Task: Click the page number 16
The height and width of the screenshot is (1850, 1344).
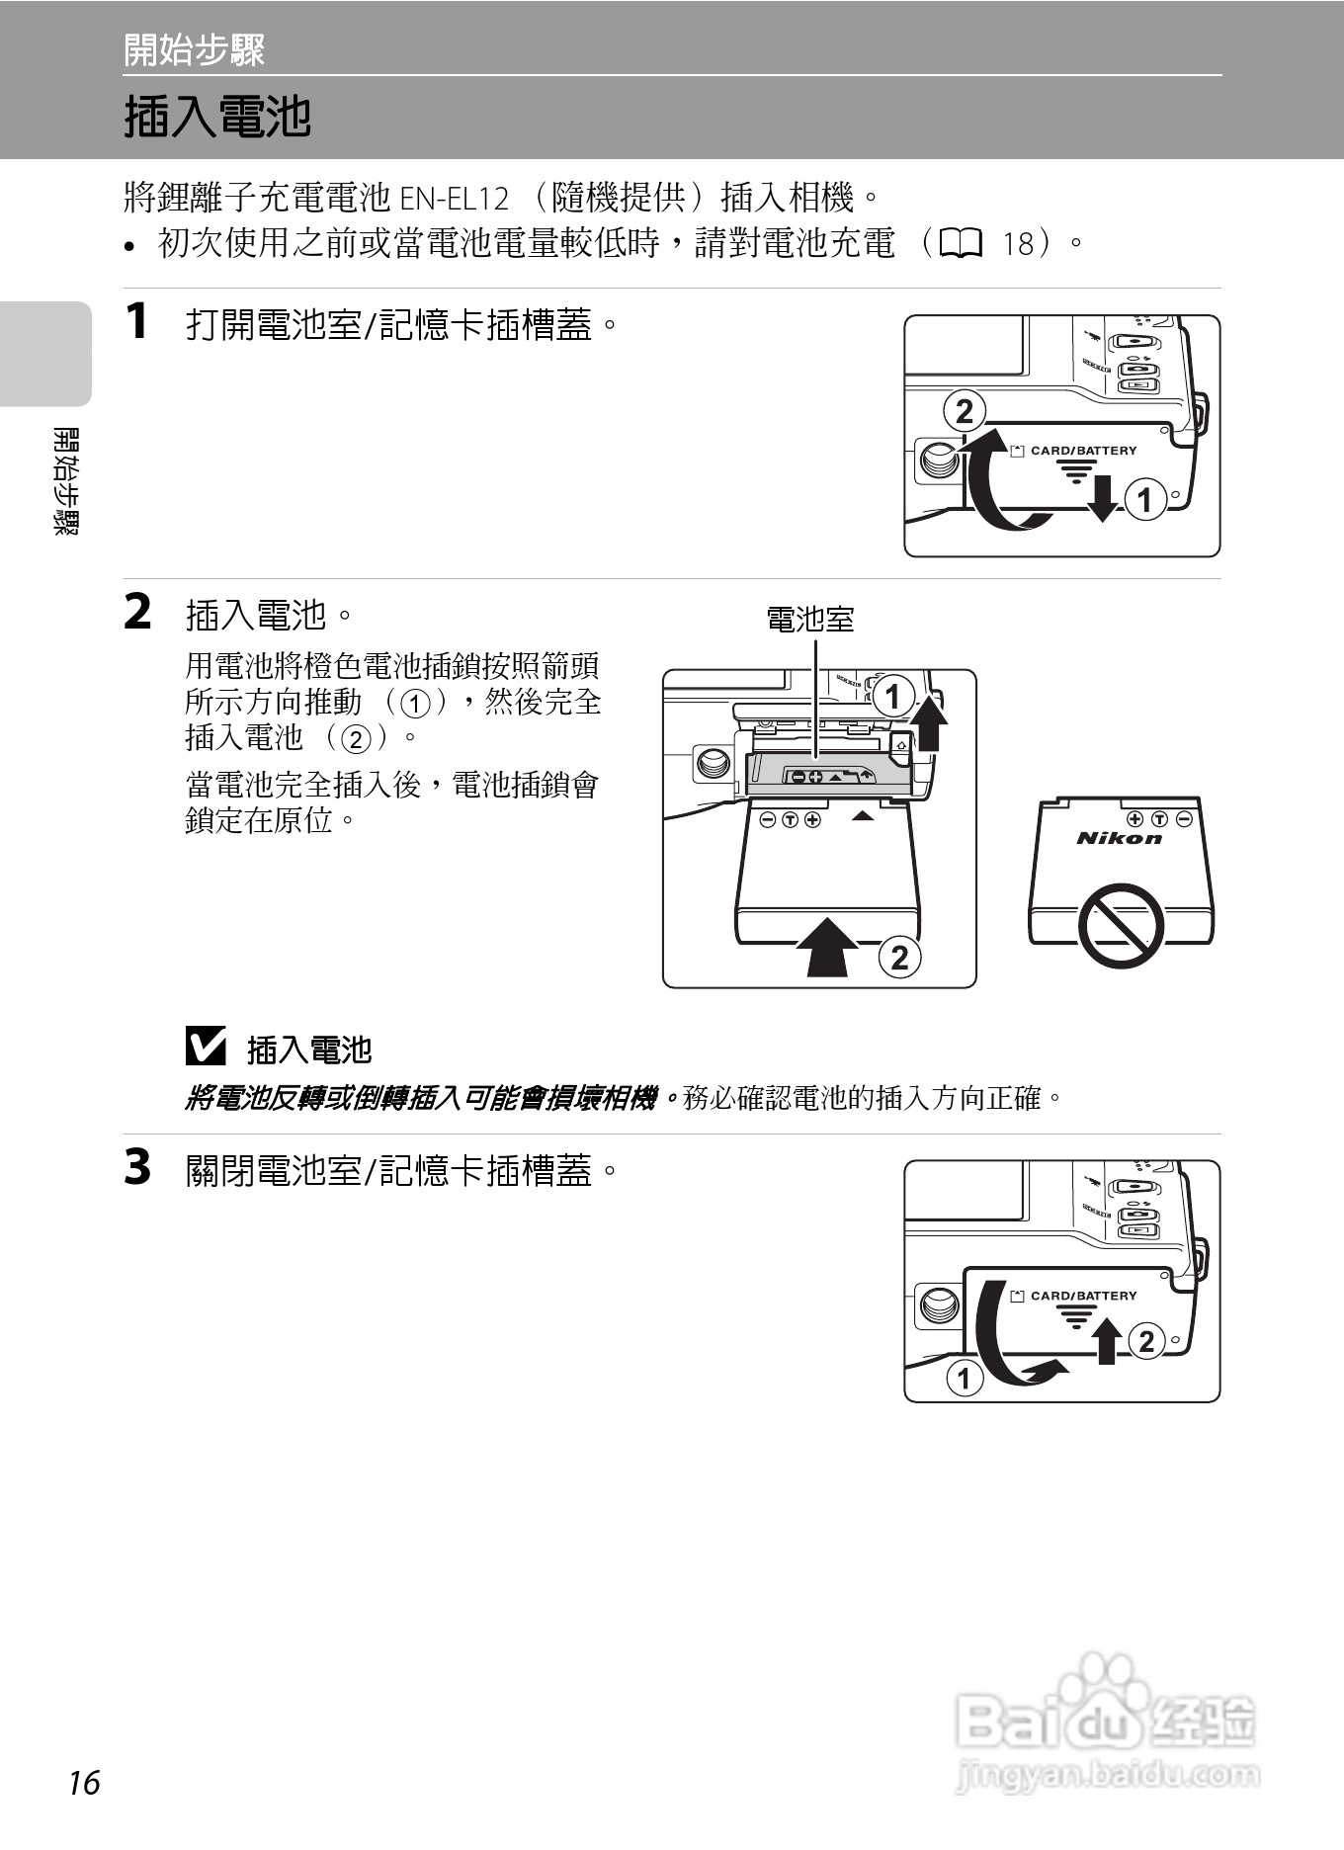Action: [x=85, y=1783]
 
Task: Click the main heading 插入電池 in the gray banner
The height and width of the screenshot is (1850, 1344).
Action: [x=217, y=117]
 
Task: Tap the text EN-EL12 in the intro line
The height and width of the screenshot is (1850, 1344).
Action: [x=454, y=199]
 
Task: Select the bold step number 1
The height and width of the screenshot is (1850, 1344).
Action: [x=137, y=321]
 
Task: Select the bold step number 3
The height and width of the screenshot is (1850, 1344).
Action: [x=137, y=1167]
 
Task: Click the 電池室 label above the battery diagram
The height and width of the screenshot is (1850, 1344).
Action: [x=810, y=620]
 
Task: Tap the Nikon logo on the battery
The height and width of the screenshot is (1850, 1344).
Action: [x=1119, y=839]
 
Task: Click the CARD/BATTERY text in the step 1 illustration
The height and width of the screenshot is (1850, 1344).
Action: [x=1083, y=451]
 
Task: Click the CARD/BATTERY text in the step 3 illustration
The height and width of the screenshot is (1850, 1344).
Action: [x=1083, y=1296]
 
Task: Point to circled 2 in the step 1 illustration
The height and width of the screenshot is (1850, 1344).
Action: [x=965, y=411]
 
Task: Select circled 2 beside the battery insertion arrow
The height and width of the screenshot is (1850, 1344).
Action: [x=899, y=958]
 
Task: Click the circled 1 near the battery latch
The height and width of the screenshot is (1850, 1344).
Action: [x=893, y=697]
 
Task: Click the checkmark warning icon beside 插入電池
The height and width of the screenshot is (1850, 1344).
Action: [x=206, y=1047]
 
